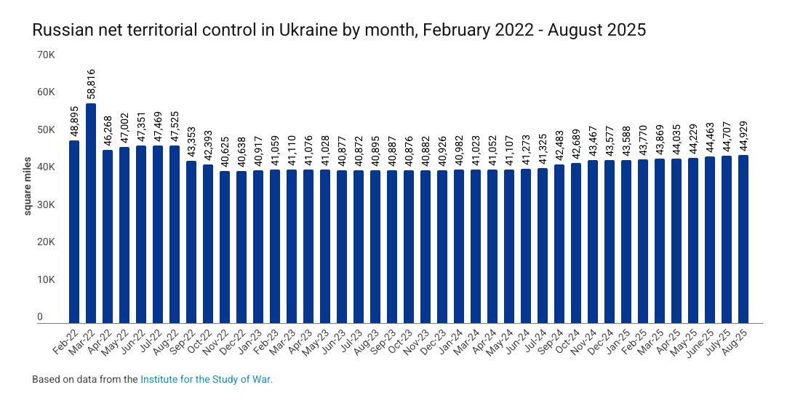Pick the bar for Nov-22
225,247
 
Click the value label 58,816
91,84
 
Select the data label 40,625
225,152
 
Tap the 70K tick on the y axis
46,55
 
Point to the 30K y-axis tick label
46,205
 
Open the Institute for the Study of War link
206,380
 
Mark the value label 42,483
559,145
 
